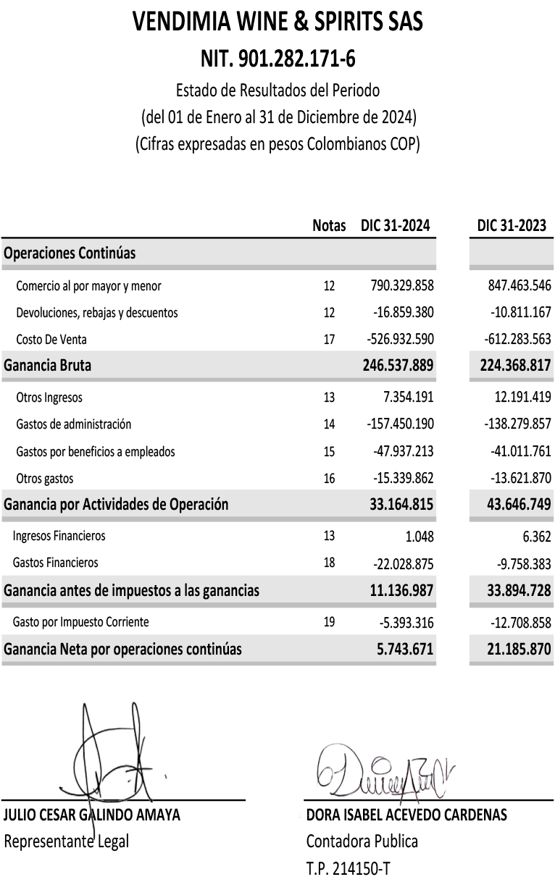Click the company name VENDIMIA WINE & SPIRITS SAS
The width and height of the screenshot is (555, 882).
(277, 23)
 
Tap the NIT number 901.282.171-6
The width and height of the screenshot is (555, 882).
(277, 57)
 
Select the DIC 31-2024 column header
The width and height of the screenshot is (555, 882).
(396, 226)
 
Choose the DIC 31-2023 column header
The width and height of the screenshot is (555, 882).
(512, 226)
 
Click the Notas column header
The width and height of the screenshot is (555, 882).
(329, 226)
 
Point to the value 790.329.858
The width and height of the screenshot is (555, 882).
(401, 286)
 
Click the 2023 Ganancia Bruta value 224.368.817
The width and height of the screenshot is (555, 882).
(515, 366)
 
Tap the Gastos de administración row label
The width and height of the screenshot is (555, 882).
(74, 424)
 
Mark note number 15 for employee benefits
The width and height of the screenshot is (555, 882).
(330, 452)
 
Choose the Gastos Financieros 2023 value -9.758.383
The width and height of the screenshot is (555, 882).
(518, 563)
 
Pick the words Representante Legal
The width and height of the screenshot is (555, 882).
(67, 841)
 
